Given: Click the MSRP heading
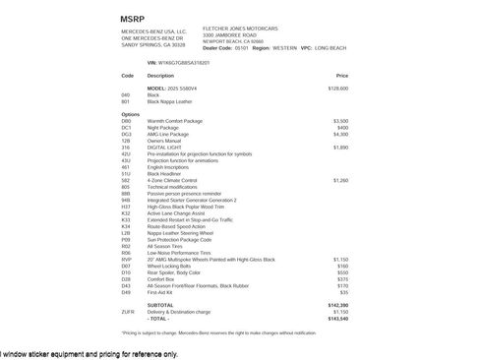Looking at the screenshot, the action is click(132, 19).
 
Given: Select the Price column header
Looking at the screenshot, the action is click(341, 75).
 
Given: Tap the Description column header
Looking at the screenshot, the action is click(160, 75).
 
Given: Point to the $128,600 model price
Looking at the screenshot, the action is click(337, 89).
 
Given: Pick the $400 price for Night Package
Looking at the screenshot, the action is click(341, 127).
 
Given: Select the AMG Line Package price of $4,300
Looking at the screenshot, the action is click(339, 134).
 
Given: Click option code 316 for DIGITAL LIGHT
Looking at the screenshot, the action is click(125, 147).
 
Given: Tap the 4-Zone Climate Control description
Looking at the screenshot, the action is click(174, 181).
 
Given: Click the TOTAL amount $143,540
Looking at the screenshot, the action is click(337, 319).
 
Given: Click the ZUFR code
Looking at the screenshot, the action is click(128, 312).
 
